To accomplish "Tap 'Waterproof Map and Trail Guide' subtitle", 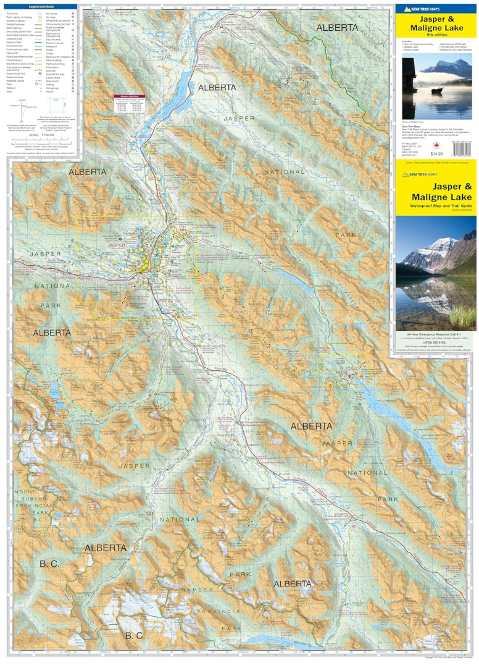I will (x=435, y=205).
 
